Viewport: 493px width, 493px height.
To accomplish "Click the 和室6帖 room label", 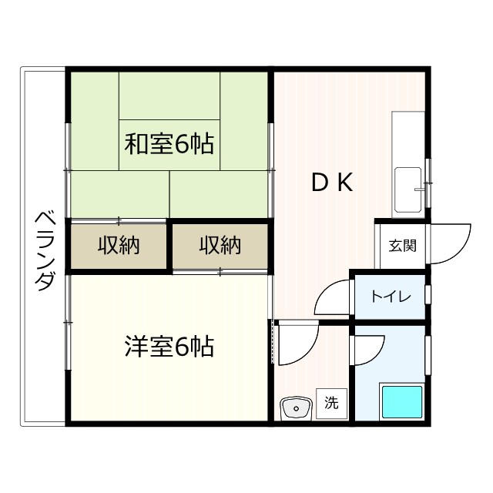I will click(169, 143).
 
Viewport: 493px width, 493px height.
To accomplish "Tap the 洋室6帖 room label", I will click(169, 347).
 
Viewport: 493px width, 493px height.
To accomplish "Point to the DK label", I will click(332, 183).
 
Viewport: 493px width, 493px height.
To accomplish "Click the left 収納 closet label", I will click(118, 246).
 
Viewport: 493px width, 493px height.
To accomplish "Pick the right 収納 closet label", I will click(220, 246).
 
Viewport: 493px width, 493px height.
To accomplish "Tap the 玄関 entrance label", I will click(401, 246).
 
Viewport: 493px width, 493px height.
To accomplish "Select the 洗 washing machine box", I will click(331, 402).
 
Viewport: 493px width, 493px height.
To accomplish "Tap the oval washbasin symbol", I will click(293, 407).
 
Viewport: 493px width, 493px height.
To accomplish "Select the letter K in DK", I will click(344, 183).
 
